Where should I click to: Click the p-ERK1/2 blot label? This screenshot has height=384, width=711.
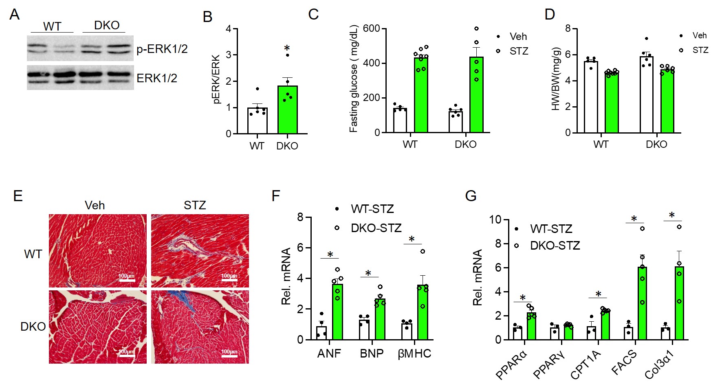pos(162,49)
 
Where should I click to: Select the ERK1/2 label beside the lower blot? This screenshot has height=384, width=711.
pos(156,78)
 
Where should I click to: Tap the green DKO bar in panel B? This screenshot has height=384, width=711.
pos(288,110)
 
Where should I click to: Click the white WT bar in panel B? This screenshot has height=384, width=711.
pos(258,121)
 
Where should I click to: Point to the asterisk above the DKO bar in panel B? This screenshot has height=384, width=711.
pos(287,49)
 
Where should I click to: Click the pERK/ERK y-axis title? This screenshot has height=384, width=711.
pos(216,79)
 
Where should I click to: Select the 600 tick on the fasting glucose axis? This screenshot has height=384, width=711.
pos(371,29)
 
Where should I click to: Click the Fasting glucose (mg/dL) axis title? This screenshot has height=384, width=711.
pos(354,79)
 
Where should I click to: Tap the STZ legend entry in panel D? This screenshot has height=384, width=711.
pos(700,50)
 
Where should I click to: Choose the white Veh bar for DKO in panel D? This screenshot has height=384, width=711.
pos(646,95)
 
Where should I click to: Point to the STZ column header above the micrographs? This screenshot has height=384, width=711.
pos(195,205)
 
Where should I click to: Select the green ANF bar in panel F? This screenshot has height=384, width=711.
pos(337,312)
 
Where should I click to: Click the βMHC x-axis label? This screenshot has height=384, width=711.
pos(414,353)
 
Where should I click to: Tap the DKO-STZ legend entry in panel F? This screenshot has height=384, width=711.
pos(376,228)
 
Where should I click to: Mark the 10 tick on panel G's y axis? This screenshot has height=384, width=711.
pos(495,220)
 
